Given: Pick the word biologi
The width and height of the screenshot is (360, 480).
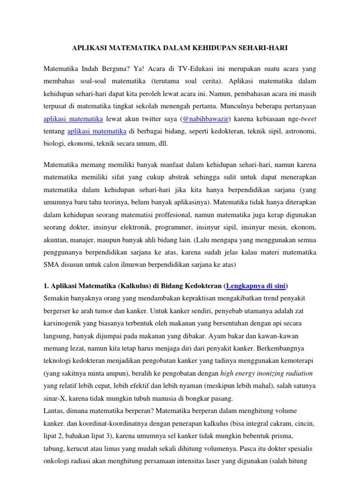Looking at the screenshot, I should pyautogui.click(x=53, y=144).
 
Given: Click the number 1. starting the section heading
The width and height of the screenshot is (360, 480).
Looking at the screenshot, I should pyautogui.click(x=46, y=286).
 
